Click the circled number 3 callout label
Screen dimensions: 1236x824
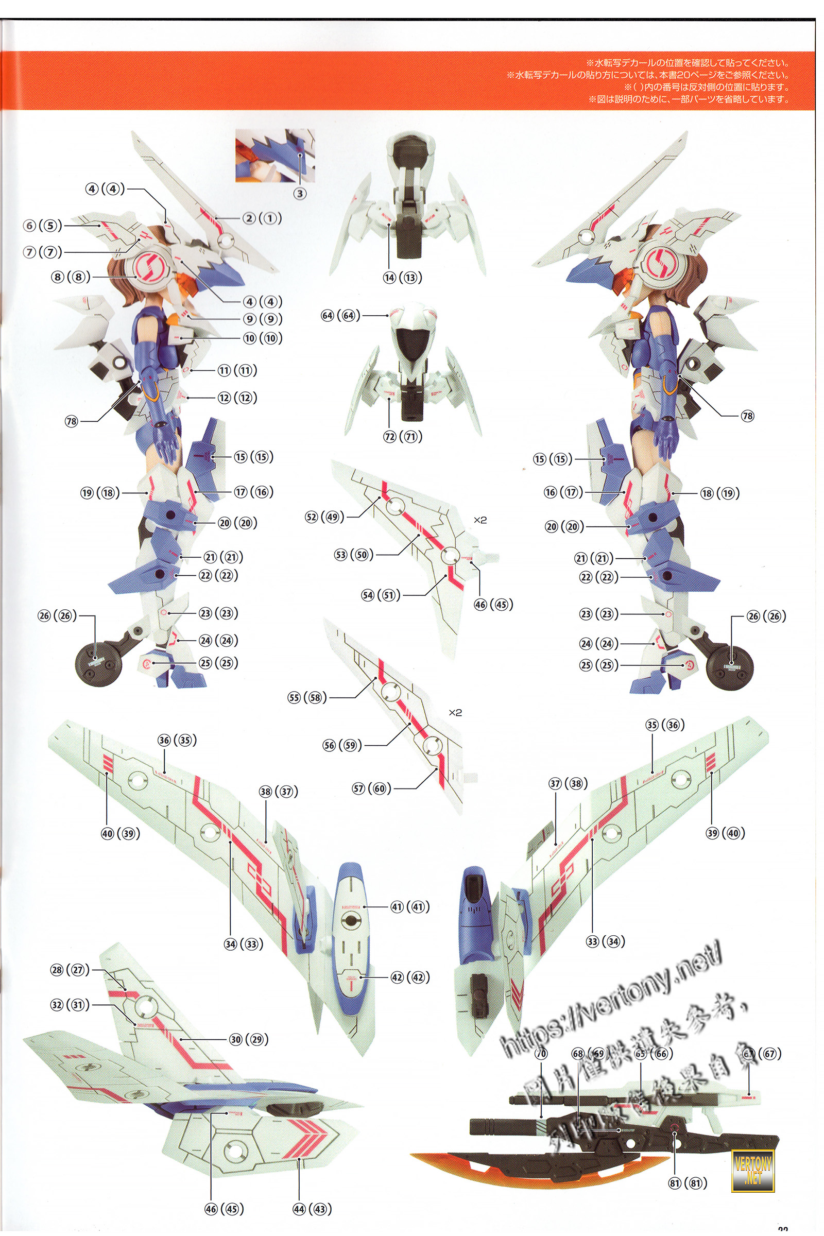[300, 194]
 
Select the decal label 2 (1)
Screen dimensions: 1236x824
[262, 218]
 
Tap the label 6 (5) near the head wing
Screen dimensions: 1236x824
[43, 226]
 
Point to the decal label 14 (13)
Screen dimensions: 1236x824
[403, 278]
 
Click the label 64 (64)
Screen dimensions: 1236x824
[340, 315]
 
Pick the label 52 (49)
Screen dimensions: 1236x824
[325, 517]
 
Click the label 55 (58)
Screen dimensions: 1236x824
[307, 697]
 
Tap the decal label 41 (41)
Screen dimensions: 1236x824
[410, 906]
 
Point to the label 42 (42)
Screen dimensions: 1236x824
[410, 977]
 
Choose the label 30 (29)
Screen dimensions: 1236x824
[249, 1039]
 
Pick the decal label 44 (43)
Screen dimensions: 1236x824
[312, 1209]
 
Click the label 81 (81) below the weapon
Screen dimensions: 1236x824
[688, 1183]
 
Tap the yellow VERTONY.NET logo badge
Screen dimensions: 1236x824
[752, 1171]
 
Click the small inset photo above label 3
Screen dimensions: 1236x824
[275, 156]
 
